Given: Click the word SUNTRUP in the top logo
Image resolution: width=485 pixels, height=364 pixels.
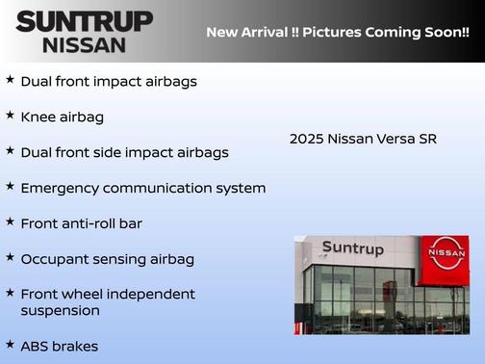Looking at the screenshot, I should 85,21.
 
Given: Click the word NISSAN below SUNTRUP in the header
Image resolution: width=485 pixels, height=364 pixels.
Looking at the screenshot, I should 85,44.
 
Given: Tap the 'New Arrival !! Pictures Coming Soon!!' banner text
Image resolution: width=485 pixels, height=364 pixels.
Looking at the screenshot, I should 337,32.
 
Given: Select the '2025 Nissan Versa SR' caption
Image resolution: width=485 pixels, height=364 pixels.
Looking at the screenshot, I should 363,139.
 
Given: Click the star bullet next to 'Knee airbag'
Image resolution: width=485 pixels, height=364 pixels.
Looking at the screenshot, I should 10,115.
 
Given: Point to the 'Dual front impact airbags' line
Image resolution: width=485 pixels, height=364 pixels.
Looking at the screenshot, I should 109,81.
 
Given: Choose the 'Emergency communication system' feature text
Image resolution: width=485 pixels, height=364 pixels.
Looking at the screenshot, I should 143,188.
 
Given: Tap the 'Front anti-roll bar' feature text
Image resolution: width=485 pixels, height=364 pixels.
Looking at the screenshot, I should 81,223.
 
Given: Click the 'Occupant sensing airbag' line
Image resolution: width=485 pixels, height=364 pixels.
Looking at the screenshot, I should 108,259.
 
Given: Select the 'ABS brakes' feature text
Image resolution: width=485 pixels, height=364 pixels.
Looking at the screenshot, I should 60,346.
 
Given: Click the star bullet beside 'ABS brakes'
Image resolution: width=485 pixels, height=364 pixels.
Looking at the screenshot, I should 10,343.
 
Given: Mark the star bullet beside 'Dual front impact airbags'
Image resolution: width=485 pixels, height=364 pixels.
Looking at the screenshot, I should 10,79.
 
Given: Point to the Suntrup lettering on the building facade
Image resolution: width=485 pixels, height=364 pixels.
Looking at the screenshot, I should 352,248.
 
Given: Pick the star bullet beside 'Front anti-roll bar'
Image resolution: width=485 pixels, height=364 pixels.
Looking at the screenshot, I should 10,221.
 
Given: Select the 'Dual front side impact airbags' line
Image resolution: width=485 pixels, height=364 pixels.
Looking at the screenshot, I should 125,152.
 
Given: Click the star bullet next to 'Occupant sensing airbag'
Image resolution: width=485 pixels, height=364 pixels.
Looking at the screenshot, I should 10,257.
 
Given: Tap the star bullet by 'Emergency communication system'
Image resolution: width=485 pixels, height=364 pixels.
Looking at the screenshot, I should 10,186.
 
